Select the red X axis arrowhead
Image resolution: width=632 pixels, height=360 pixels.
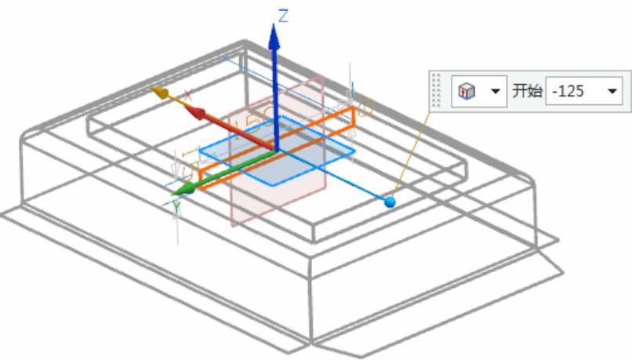[x=199, y=114]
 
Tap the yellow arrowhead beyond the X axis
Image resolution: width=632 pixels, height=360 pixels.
[x=159, y=93]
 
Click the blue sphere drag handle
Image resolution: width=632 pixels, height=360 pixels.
[x=390, y=202]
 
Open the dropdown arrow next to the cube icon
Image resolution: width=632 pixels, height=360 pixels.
[x=494, y=92]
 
